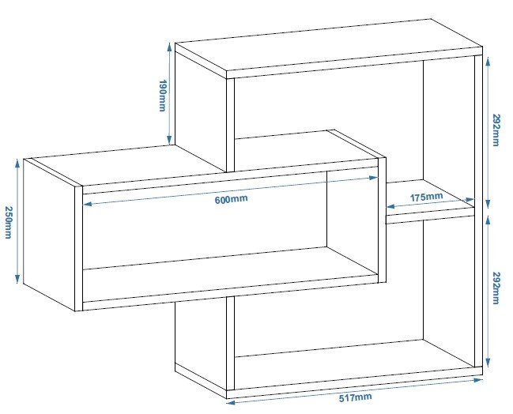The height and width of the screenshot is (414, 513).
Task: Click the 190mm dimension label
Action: [x=163, y=96]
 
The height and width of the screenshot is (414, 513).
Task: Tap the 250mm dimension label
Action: [x=9, y=222]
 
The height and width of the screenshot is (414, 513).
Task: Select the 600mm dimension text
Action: [x=232, y=199]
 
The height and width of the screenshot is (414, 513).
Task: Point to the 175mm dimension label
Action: [x=426, y=198]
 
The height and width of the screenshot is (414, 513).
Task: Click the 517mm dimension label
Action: [x=355, y=397]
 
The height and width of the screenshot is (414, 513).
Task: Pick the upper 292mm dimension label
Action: [x=496, y=130]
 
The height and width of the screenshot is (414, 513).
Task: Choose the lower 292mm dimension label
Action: [x=496, y=288]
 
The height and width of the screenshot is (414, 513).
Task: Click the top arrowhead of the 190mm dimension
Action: [x=169, y=47]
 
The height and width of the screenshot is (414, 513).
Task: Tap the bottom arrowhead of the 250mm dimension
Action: [x=17, y=279]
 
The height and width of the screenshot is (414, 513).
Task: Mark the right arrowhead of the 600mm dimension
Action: [x=373, y=178]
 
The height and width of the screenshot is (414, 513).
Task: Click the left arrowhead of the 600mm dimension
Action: [x=88, y=205]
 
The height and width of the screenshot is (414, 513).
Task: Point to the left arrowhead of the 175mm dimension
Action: [x=390, y=207]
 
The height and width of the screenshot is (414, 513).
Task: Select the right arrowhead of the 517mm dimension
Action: [x=478, y=380]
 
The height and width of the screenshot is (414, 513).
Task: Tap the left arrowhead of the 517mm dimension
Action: [x=231, y=403]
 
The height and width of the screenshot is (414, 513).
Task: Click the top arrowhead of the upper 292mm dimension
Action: [x=488, y=62]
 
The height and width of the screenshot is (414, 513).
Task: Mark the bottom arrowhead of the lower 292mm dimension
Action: [x=488, y=363]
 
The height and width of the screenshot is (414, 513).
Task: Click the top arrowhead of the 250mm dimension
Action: [x=17, y=164]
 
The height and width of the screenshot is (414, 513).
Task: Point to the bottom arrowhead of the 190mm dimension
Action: [x=169, y=140]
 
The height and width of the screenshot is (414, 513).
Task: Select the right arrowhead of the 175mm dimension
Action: [x=470, y=200]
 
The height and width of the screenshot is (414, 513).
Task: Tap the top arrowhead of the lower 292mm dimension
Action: [x=488, y=221]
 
